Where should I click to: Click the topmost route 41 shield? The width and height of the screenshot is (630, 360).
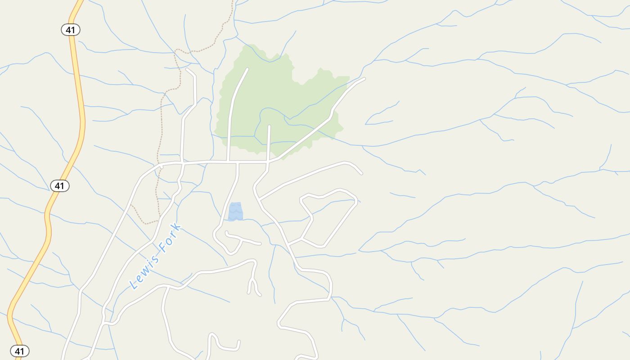point(70,30)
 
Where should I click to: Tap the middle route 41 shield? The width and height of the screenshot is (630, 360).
point(59,185)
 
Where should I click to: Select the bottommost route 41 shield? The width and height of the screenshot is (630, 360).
point(19,351)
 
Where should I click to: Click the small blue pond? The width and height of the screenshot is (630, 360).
point(235,211)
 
